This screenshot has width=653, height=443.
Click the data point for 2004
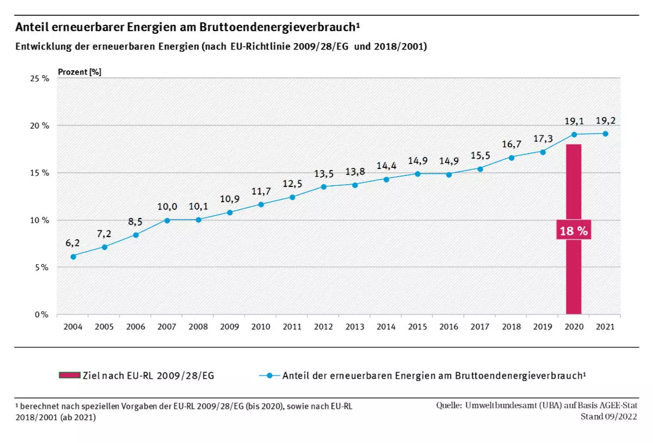[73, 256]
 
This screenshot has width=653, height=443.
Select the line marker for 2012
[323, 187]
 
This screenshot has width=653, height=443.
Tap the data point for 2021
[605, 133]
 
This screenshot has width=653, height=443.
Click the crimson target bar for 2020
[574, 272]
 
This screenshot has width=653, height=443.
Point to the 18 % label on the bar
[574, 230]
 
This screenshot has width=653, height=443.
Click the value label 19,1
[574, 121]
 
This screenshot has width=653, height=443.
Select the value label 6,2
[73, 242]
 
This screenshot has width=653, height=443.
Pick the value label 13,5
[323, 174]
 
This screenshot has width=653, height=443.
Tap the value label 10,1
[198, 207]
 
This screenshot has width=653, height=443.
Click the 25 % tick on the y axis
[40, 78]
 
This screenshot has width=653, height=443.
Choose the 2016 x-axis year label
[448, 327]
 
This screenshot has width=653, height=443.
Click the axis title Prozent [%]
[79, 71]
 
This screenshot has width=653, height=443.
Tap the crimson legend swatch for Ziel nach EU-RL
[70, 375]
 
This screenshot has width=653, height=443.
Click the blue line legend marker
[269, 375]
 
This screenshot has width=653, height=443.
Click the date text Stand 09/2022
[609, 417]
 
